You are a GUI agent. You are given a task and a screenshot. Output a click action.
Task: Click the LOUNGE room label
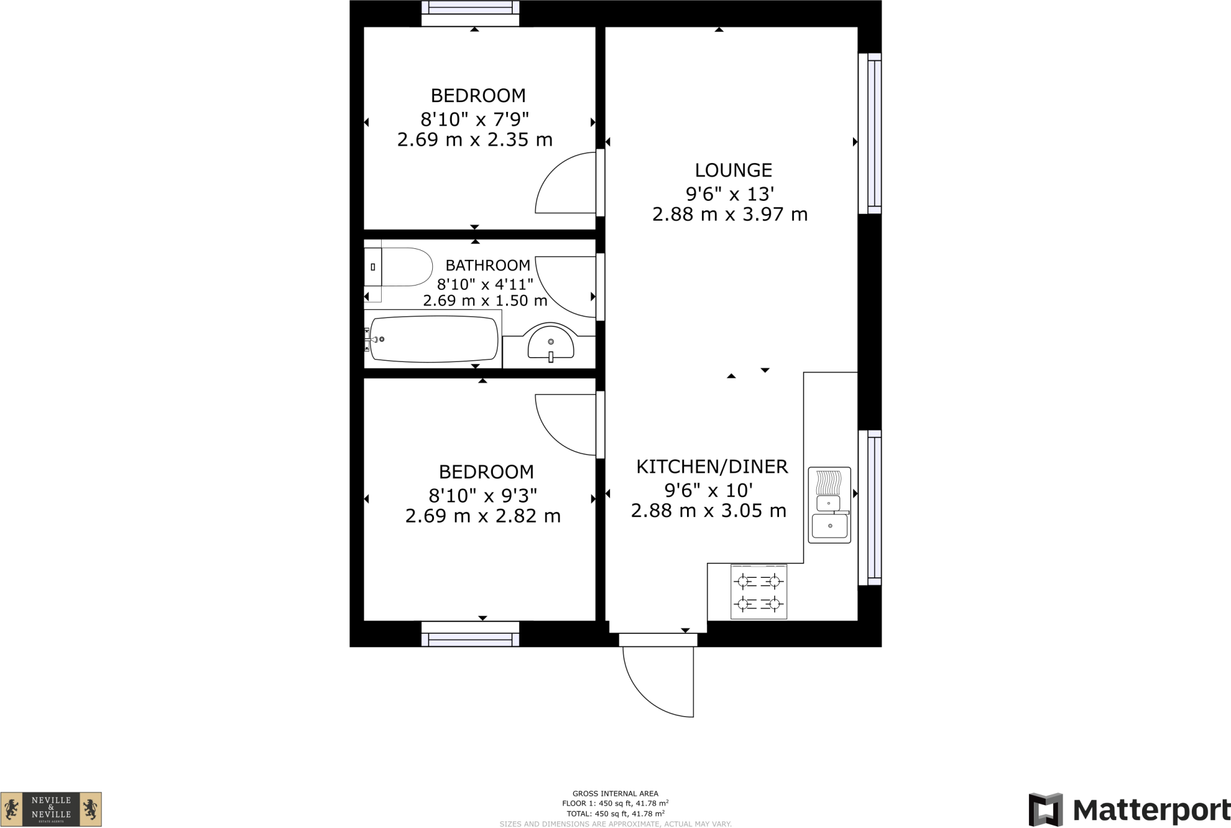click(x=733, y=171)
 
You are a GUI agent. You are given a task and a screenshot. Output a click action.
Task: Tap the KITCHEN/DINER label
click(x=712, y=467)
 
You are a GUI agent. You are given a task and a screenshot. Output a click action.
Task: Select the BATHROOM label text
click(x=487, y=265)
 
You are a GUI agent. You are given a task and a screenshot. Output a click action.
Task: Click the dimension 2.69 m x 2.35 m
click(x=474, y=140)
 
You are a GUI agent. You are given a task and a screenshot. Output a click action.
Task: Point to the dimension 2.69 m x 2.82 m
click(x=483, y=517)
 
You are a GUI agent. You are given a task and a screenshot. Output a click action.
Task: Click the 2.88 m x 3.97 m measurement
click(x=730, y=215)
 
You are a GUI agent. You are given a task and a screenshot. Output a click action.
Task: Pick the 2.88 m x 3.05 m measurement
click(x=708, y=511)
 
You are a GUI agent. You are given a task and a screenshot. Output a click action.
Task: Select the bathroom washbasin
click(x=551, y=343)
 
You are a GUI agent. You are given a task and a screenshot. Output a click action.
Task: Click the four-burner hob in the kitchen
click(x=759, y=592)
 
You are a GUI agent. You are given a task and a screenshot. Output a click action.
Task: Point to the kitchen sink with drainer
click(x=829, y=505)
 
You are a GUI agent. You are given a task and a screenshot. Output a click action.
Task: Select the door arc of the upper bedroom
click(x=565, y=183)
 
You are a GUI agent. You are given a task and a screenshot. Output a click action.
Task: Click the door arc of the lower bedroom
click(x=565, y=425)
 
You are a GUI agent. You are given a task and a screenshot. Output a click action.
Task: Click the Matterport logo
click(x=1129, y=809)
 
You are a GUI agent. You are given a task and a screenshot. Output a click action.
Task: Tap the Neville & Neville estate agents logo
click(x=51, y=809)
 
